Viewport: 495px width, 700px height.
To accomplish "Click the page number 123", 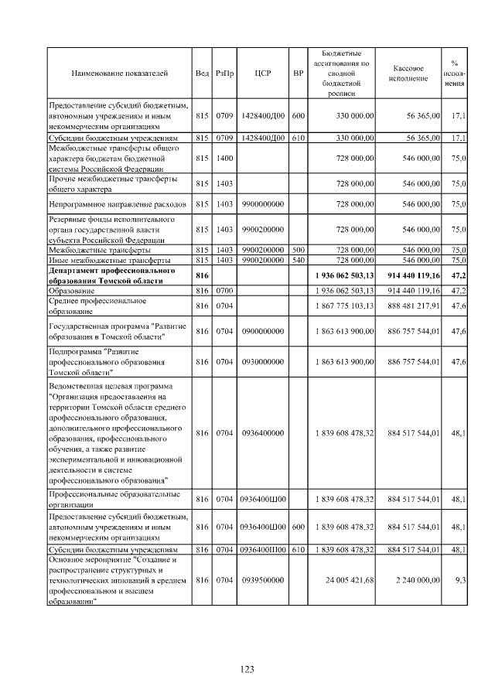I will (247, 670).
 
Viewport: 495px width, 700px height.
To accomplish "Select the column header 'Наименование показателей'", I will (119, 73).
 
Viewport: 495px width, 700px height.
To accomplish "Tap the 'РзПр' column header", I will (224, 73).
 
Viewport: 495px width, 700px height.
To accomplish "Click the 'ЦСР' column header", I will (261, 73).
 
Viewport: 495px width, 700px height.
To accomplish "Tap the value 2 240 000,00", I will (415, 579).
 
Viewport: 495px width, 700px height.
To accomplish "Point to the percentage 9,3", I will (459, 579).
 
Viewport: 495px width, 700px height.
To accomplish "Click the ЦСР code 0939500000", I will (261, 579).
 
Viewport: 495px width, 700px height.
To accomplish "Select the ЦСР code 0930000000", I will (261, 361).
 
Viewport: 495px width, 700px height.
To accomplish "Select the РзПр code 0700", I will (224, 291).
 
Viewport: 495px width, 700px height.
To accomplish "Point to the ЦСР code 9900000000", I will (261, 205).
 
